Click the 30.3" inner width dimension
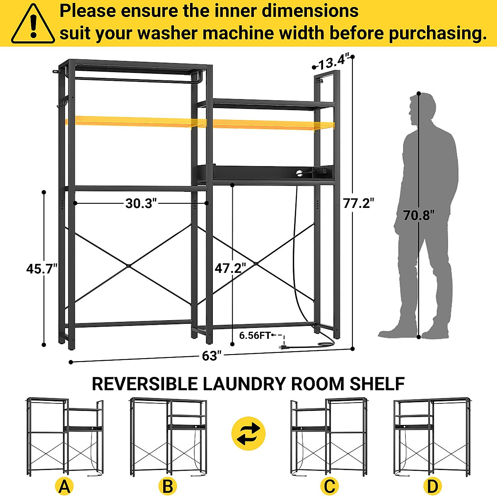pyautogui.click(x=141, y=203)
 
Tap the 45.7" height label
pyautogui.click(x=41, y=269)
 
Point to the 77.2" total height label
pyautogui.click(x=359, y=203)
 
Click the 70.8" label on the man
pyautogui.click(x=419, y=215)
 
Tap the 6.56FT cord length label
pyautogui.click(x=255, y=335)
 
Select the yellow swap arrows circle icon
pyautogui.click(x=248, y=434)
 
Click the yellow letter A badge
pyautogui.click(x=64, y=486)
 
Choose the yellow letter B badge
pyautogui.click(x=168, y=486)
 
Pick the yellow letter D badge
pyautogui.click(x=432, y=486)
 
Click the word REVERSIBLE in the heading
pyautogui.click(x=145, y=384)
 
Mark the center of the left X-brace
pyautogui.click(x=129, y=265)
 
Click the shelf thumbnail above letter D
pyautogui.click(x=432, y=437)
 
